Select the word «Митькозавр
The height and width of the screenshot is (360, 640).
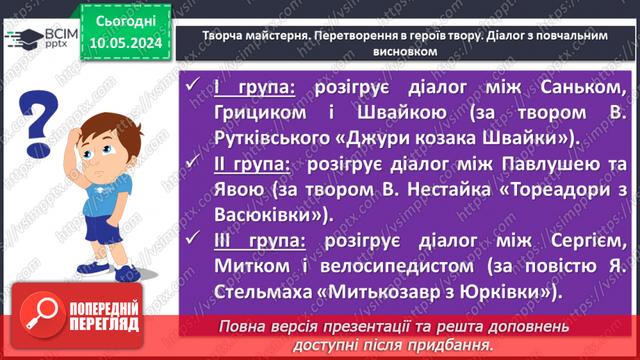406,291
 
